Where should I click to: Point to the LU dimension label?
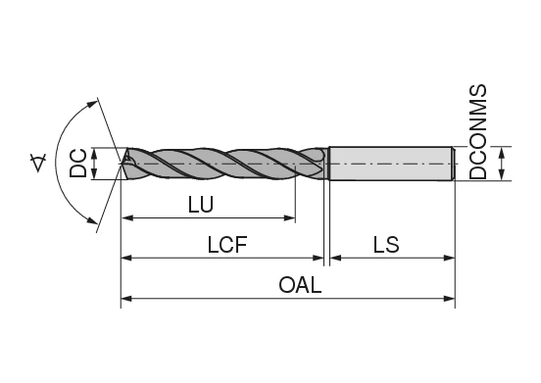200,205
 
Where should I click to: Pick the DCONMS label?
479,131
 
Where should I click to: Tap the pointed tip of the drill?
123,163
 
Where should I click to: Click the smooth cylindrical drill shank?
390,163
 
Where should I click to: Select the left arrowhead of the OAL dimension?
125,297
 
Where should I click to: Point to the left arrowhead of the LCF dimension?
125,259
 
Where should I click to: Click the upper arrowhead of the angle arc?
96,101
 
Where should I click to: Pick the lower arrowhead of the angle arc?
96,226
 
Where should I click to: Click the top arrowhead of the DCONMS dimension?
502,151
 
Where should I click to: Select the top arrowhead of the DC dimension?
94,152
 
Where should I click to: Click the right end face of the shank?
453,163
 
